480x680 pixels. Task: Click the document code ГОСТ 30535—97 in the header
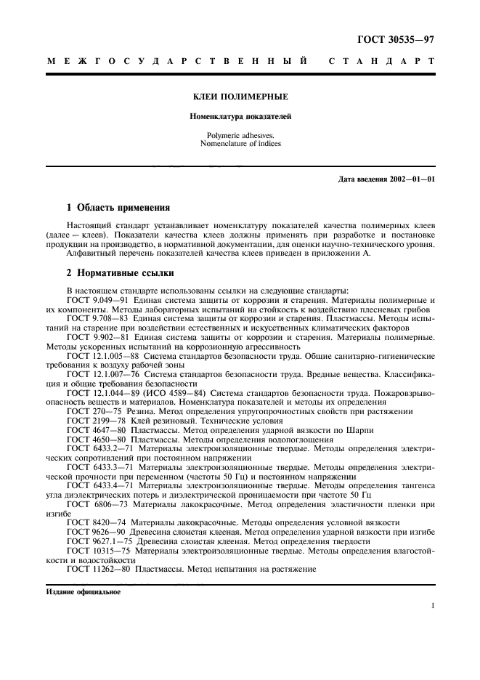point(397,34)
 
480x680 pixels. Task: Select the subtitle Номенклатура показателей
point(240,116)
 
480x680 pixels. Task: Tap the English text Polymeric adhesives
point(240,135)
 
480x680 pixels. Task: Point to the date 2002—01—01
point(411,179)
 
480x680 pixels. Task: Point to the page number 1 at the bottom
point(432,605)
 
